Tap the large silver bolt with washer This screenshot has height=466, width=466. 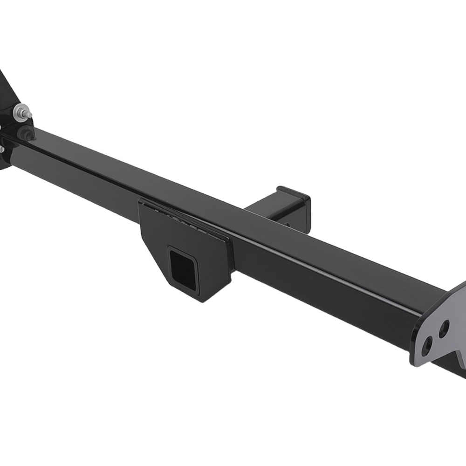point(21,112)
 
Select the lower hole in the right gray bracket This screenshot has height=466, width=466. point(427,346)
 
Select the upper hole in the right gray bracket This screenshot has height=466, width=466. point(444,328)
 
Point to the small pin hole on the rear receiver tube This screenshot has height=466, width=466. point(285,225)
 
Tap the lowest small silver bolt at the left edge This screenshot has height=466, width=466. point(1,150)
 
